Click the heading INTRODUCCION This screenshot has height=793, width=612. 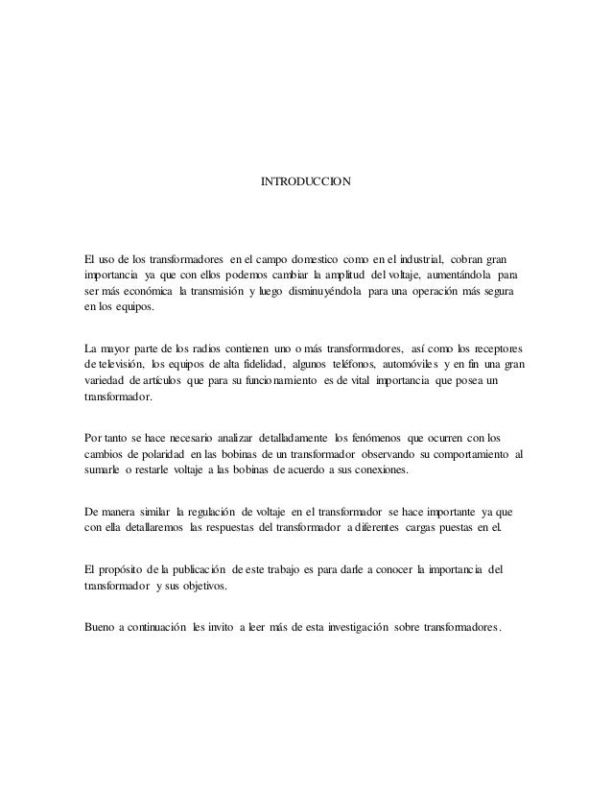click(306, 180)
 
